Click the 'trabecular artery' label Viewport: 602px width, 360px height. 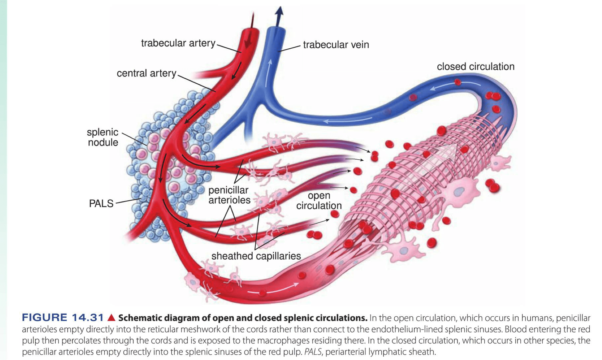click(178, 43)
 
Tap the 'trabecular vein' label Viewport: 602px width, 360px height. click(336, 45)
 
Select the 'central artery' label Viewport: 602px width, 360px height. click(146, 73)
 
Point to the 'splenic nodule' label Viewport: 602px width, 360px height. click(103, 137)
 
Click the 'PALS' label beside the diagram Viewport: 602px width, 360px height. click(101, 203)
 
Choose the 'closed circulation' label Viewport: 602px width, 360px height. click(476, 66)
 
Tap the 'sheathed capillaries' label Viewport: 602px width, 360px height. click(256, 256)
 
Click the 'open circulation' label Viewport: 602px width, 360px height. click(319, 201)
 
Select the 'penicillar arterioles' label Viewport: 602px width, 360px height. click(229, 195)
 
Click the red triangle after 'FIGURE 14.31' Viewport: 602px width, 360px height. click(111, 317)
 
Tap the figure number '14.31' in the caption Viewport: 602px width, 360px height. click(88, 318)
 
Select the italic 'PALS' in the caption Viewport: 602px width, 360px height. click(313, 352)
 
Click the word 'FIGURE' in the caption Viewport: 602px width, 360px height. click(45, 318)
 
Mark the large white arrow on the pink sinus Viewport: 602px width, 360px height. click(443, 157)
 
